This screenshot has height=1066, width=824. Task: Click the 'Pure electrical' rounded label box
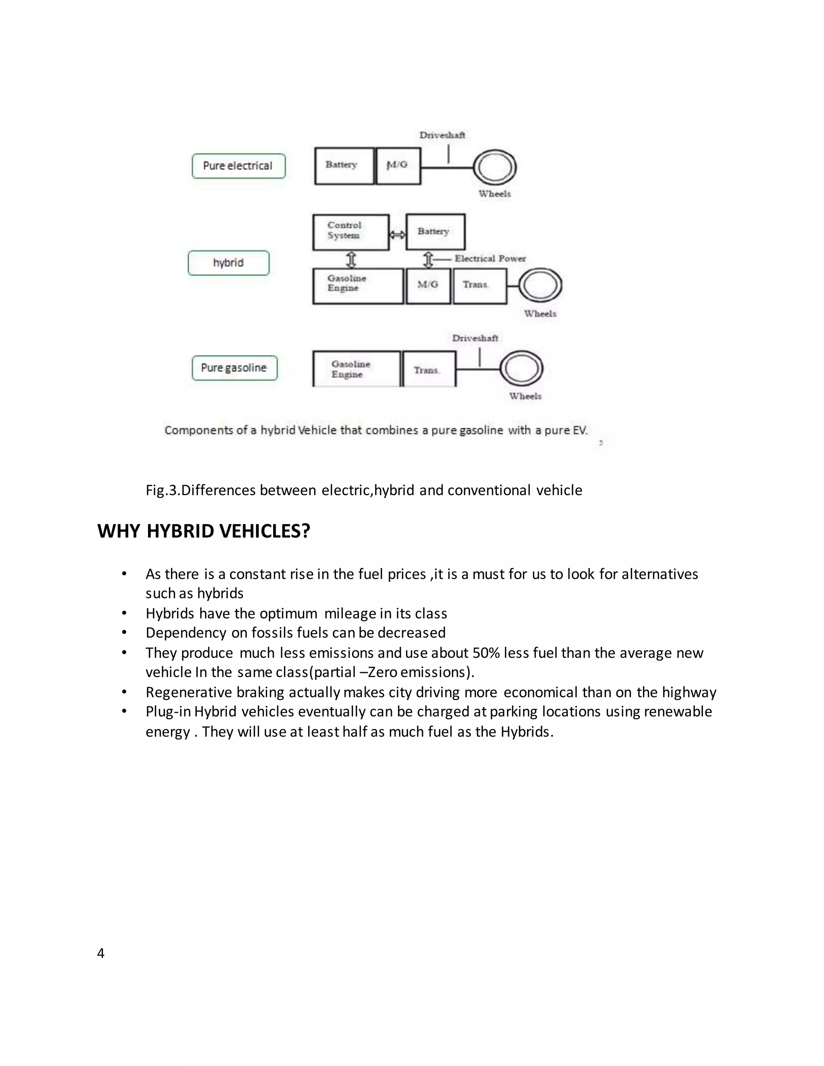238,166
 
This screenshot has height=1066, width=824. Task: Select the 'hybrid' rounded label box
229,263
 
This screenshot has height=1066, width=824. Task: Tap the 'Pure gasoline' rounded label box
234,368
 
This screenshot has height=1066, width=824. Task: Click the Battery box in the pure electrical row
344,166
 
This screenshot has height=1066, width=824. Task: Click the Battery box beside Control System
435,232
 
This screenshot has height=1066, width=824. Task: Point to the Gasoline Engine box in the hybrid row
358,286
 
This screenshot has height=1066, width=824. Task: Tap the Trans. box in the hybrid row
479,286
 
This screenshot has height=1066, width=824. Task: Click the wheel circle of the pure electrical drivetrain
494,168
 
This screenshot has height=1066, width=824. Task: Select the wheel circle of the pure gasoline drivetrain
521,369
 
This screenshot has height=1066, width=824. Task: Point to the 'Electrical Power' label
490,259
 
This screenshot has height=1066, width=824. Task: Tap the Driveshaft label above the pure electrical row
442,135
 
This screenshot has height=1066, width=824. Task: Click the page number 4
101,953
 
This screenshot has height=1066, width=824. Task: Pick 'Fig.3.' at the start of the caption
163,490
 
